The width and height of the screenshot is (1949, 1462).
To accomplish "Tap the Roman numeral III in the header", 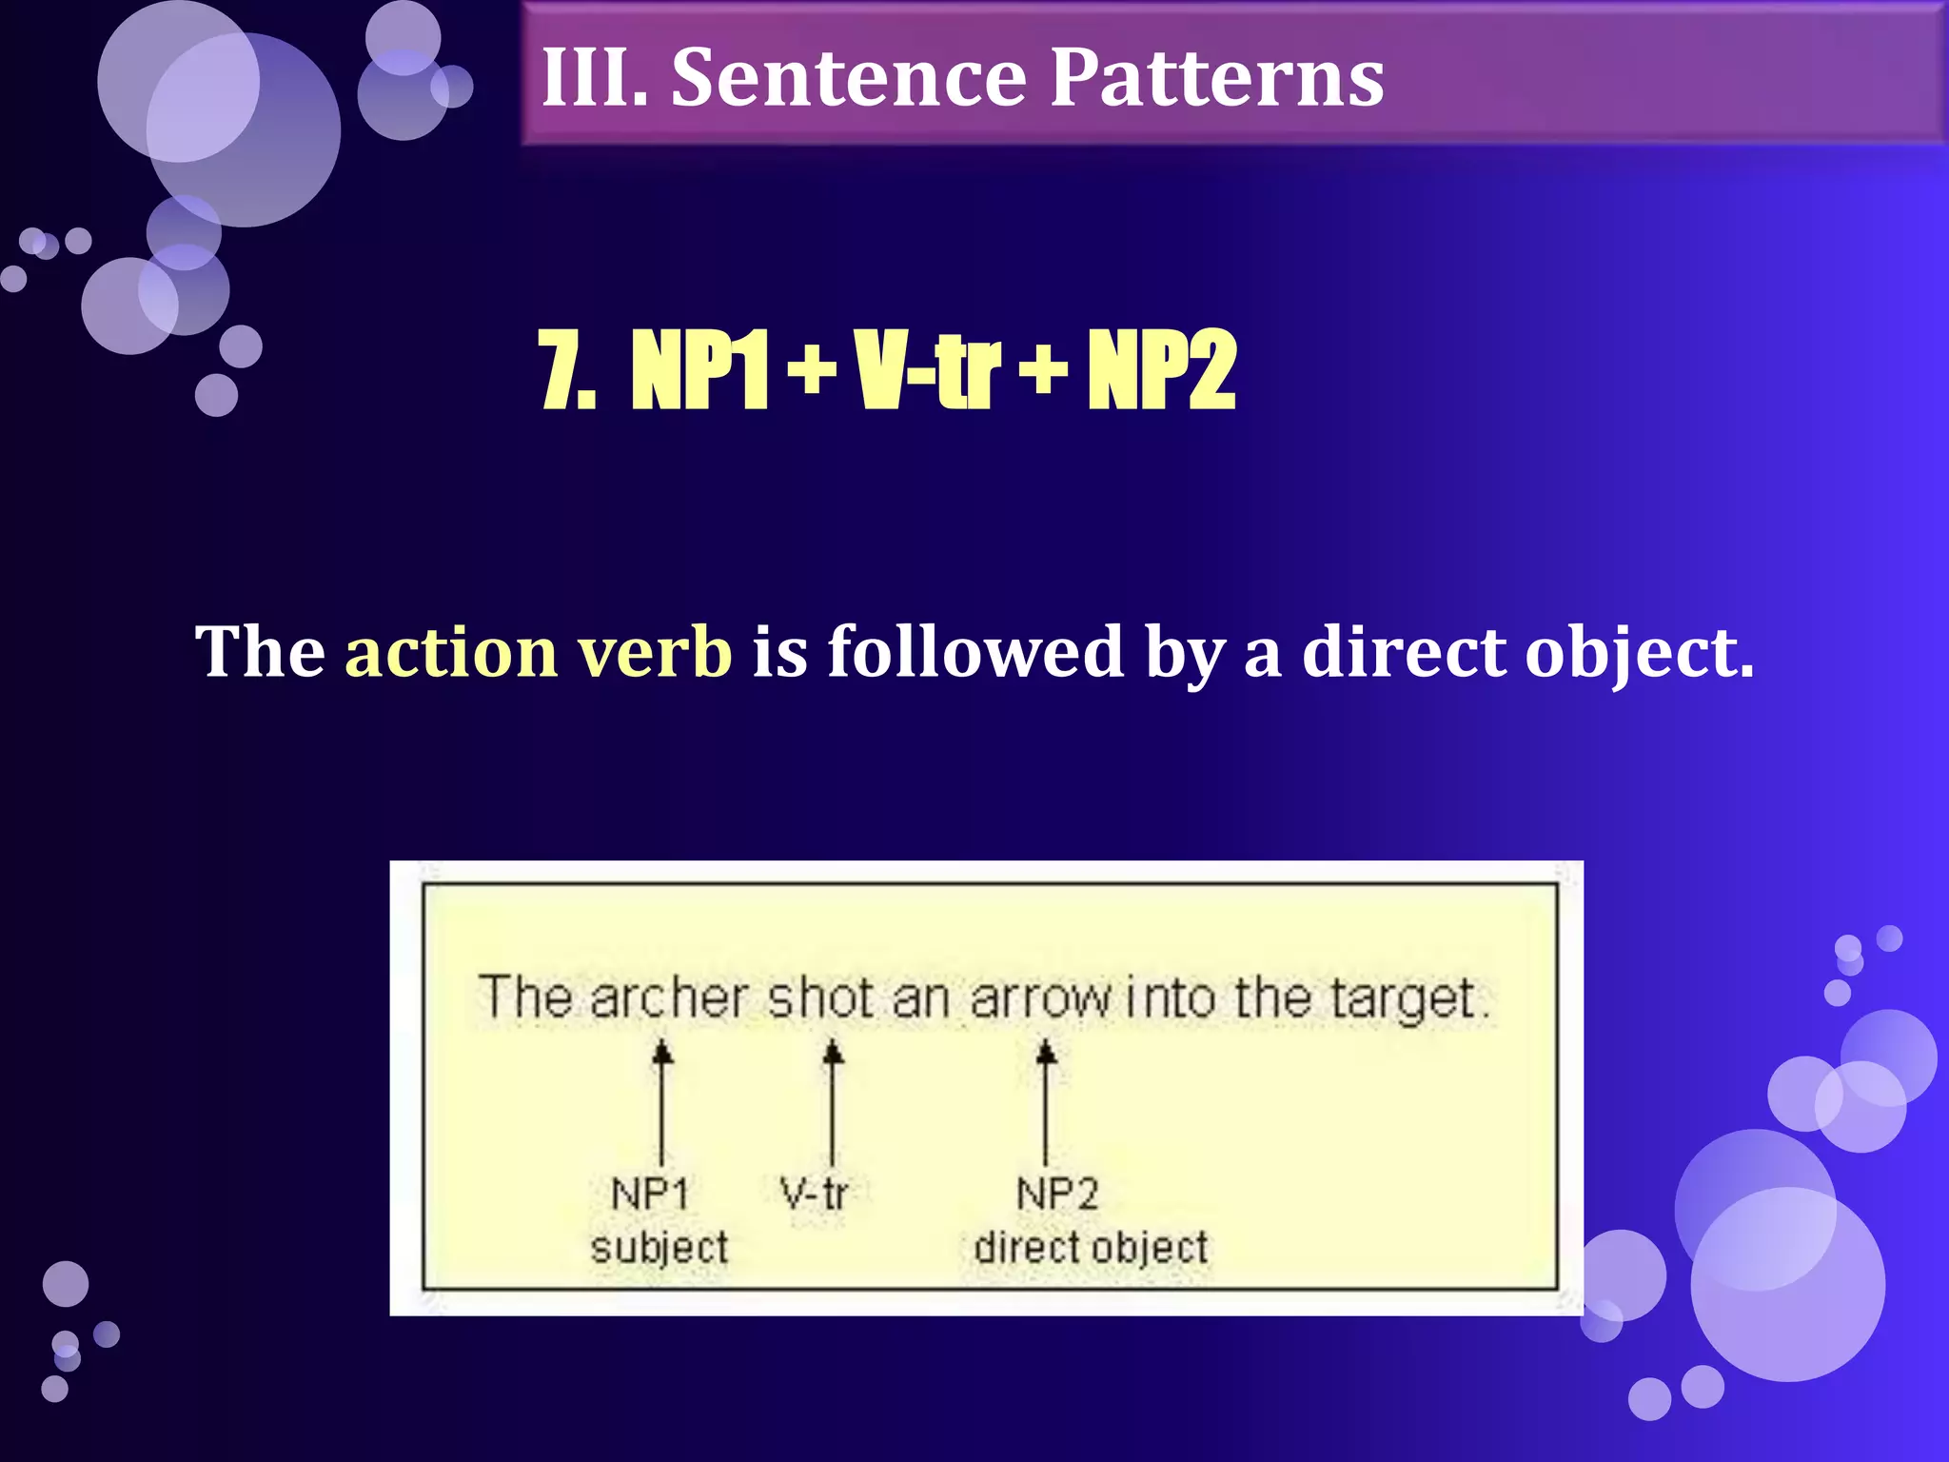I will click(594, 78).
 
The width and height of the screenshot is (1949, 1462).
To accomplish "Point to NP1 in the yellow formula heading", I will click(699, 370).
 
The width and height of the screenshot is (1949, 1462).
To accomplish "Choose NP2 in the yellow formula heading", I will click(1162, 370).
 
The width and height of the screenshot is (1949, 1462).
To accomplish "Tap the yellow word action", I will click(451, 652).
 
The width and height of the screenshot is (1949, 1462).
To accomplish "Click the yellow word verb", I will click(655, 652).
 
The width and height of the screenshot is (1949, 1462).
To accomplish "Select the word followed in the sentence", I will click(975, 652).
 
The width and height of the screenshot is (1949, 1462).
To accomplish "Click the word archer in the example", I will click(668, 998).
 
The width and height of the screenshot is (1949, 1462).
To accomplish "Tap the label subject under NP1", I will click(659, 1248).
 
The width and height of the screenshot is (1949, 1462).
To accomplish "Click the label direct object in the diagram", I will click(1091, 1248).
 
